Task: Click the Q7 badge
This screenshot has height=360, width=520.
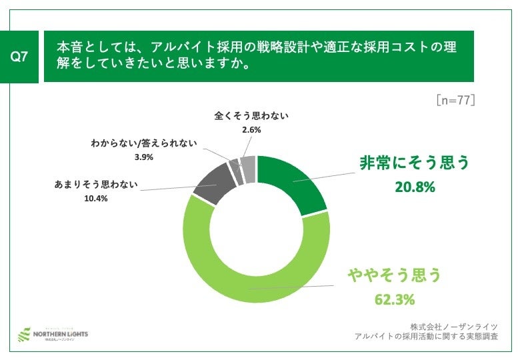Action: coord(21,57)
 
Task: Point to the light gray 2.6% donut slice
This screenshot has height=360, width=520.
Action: coord(249,169)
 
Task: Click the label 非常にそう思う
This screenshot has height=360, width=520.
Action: coord(414,163)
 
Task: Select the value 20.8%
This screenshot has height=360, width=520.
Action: coord(414,187)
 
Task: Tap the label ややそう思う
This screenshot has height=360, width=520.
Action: coord(393,275)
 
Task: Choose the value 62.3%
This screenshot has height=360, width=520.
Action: coord(394,299)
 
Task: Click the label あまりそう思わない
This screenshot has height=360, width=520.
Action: coord(95,185)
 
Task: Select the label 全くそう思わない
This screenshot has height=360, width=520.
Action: coord(251,116)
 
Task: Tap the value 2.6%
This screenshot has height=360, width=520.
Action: coord(251,130)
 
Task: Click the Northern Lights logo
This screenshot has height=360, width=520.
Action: coord(52,333)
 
